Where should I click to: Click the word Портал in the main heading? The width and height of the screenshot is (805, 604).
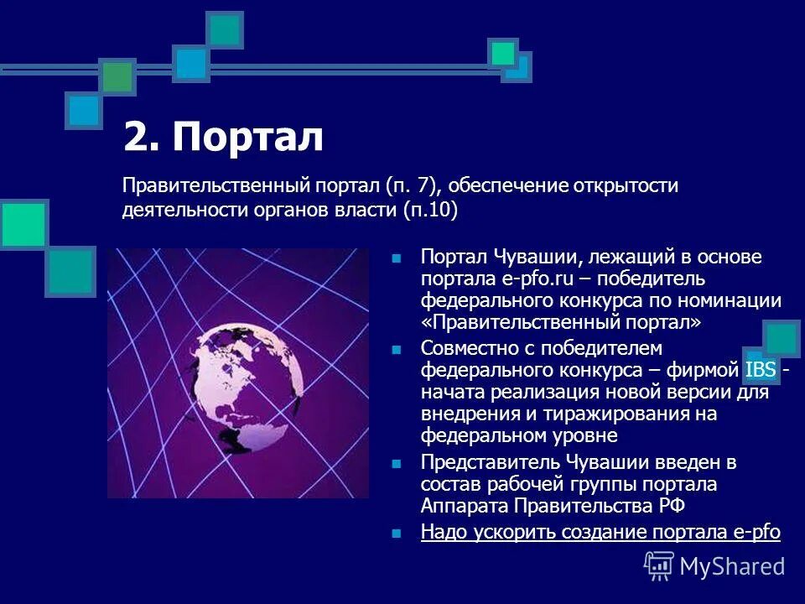coord(248,138)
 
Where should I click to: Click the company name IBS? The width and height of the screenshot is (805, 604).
coord(760,370)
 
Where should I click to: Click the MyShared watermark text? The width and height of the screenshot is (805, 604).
coord(732,566)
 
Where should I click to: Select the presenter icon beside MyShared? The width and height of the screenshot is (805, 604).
coord(659,565)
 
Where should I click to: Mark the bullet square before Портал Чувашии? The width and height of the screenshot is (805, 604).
coord(397,258)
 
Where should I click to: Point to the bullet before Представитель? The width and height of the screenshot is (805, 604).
coord(397,462)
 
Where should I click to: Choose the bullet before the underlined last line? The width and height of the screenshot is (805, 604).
coord(397,532)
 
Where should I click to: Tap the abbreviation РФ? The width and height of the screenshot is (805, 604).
coord(671,506)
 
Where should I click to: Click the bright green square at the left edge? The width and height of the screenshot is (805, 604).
coord(23,224)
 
